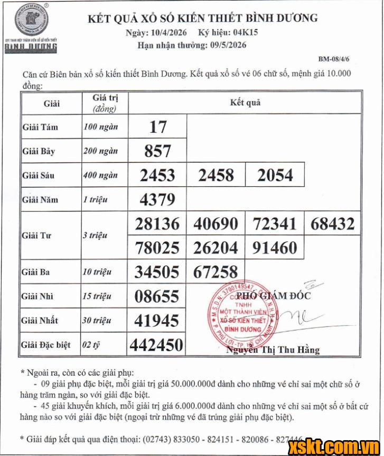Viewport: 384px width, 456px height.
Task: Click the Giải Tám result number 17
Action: tap(157, 127)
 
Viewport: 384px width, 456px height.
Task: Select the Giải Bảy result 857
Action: tap(157, 151)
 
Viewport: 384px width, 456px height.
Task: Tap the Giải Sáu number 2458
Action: tap(216, 175)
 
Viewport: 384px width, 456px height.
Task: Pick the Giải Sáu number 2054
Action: tap(275, 175)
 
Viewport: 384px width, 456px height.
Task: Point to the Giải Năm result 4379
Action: tap(157, 200)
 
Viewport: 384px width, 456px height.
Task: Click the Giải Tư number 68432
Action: tap(332, 224)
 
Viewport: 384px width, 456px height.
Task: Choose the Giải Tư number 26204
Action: tap(216, 248)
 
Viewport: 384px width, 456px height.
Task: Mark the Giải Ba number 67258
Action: tap(216, 272)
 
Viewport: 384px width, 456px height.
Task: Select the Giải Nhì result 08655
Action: tap(157, 296)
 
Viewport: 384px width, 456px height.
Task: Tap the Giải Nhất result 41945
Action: tap(157, 321)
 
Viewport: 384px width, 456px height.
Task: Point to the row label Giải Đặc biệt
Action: tap(46, 345)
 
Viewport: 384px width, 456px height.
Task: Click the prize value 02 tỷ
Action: tap(91, 345)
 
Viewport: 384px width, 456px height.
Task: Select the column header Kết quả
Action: tap(245, 103)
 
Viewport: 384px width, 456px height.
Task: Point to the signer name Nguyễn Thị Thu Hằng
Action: tap(273, 350)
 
